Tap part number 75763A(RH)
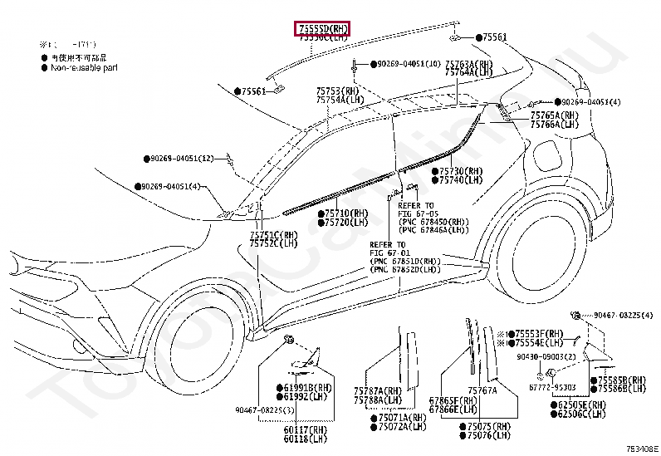pos(468,64)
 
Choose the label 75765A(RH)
pos(554,115)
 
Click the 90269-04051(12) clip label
pos(182,158)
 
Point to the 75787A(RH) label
pos(377,390)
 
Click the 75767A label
pos(483,390)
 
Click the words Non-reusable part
pos(86,67)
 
